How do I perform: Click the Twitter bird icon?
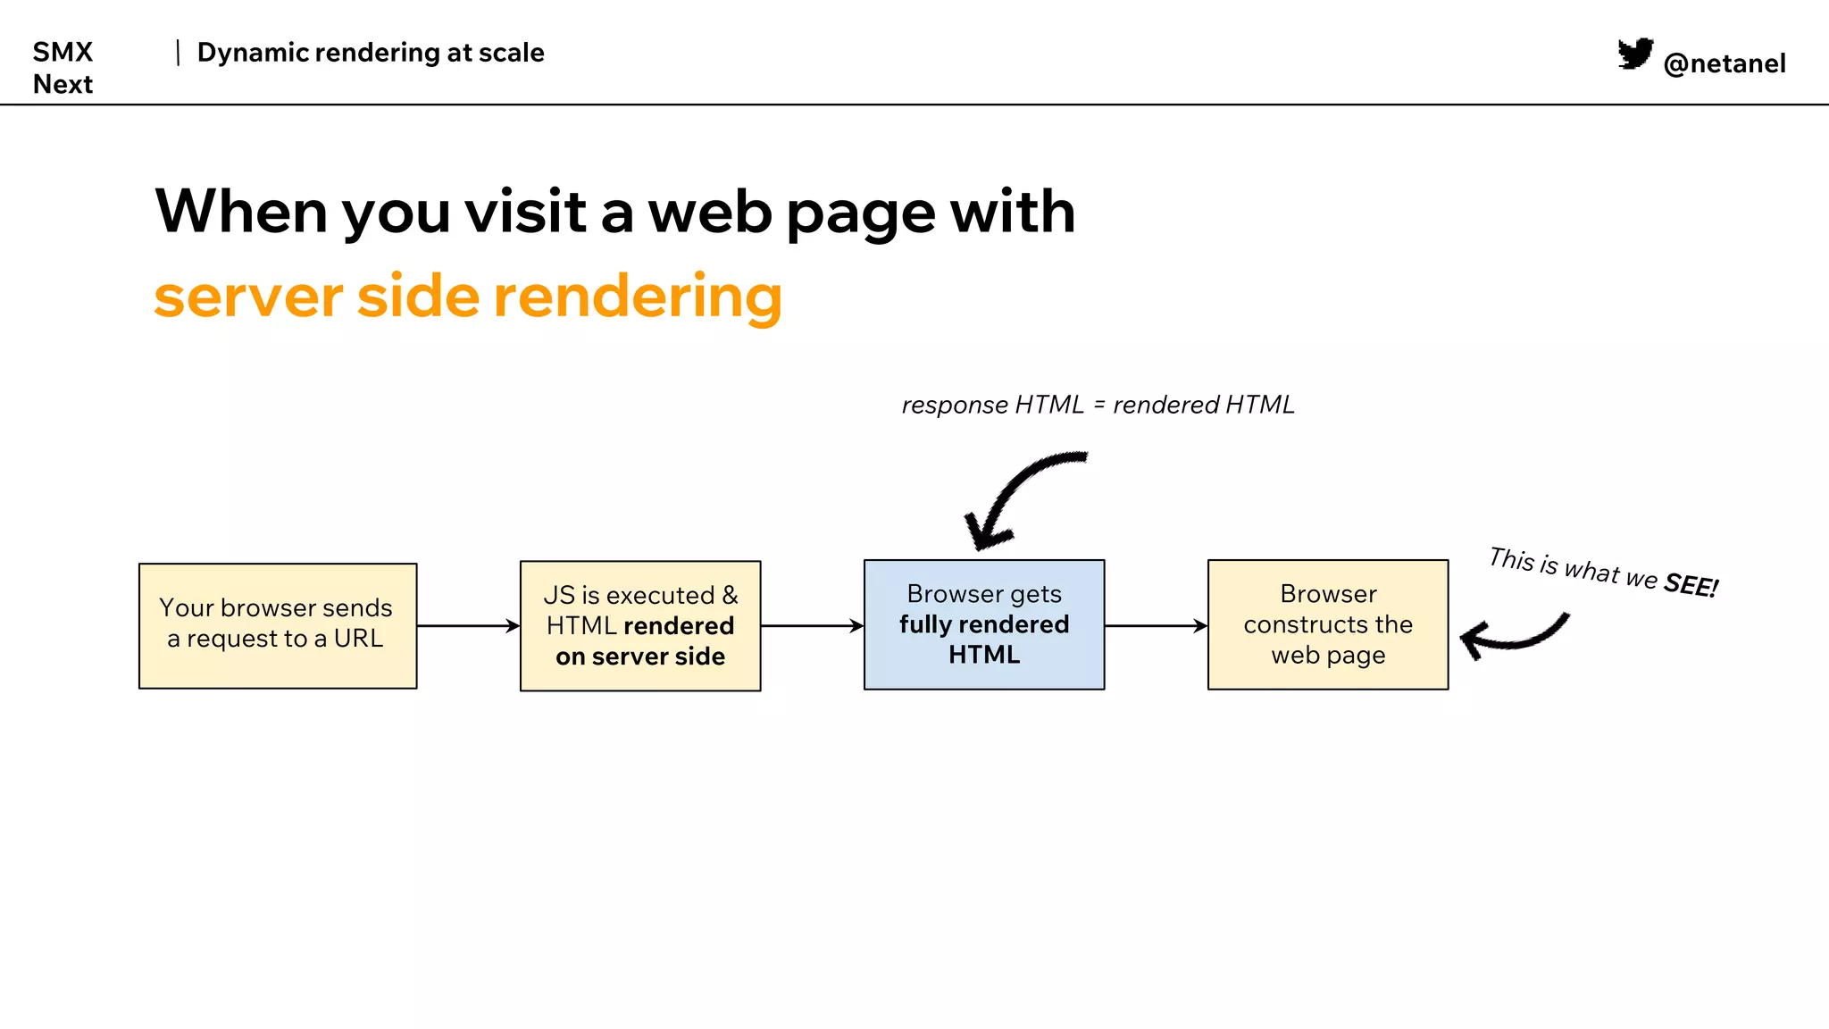tap(1635, 54)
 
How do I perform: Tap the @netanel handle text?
tap(1724, 63)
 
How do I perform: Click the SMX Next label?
tap(63, 67)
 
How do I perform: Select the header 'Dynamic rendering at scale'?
tap(370, 53)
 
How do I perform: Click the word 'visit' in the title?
tap(524, 213)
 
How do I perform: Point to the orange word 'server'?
tap(248, 297)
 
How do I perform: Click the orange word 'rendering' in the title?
tap(637, 297)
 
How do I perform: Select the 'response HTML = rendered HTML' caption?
tap(1098, 405)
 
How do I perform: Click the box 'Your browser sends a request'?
tap(278, 625)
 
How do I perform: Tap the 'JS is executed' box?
tap(640, 625)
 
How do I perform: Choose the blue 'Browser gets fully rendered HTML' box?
tap(983, 624)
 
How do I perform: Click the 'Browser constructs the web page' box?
tap(1327, 624)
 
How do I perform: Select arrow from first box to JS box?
tap(468, 625)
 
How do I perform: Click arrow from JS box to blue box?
tap(812, 625)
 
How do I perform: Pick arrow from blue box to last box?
tap(1156, 625)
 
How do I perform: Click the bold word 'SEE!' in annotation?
tap(1690, 585)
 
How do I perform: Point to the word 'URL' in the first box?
tap(358, 639)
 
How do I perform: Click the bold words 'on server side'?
tap(640, 657)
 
